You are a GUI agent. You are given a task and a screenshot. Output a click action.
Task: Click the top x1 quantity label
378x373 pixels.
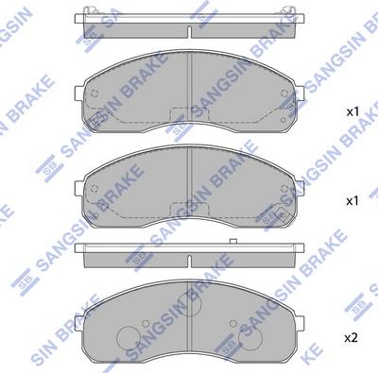(353, 112)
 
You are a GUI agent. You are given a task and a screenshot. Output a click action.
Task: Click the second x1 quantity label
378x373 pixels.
(353, 201)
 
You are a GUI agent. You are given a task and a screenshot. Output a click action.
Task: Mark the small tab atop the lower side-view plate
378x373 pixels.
(232, 244)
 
